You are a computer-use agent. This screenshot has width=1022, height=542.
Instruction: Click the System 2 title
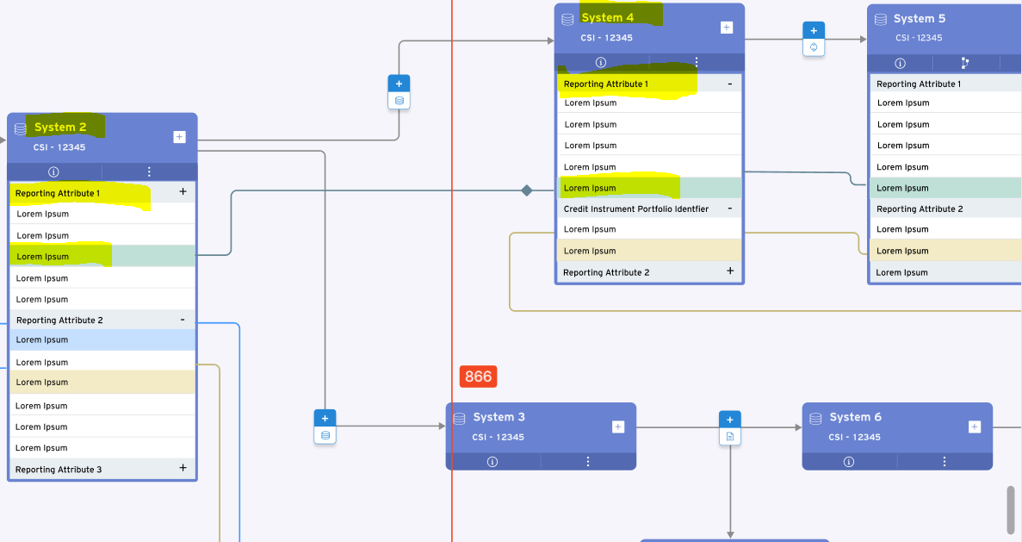tap(60, 128)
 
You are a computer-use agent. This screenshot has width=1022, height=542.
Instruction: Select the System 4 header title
tap(608, 18)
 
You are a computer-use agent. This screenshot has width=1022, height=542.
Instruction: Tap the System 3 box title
tap(499, 417)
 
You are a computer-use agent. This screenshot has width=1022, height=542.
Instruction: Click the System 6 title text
tap(855, 417)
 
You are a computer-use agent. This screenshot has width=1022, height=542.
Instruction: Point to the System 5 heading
tap(919, 18)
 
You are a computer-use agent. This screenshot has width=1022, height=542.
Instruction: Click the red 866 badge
tap(478, 377)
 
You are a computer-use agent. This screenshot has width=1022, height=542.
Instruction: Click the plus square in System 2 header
tap(179, 137)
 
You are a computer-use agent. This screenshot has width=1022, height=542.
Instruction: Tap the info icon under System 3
tap(492, 461)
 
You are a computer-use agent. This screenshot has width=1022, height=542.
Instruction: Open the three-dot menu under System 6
tap(945, 461)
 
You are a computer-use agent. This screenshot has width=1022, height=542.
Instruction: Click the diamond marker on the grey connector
tap(527, 190)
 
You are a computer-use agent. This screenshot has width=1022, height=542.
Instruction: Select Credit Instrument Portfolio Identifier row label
tap(636, 209)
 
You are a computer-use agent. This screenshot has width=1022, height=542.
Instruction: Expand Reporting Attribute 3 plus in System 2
tap(183, 468)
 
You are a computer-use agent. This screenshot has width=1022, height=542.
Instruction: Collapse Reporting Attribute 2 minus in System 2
tap(183, 320)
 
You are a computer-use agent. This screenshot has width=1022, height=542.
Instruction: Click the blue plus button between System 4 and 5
tap(814, 31)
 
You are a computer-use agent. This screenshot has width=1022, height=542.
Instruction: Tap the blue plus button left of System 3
tap(325, 418)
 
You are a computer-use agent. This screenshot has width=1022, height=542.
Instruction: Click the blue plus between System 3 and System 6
tap(730, 420)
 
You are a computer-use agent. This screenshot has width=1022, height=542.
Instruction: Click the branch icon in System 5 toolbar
tap(964, 63)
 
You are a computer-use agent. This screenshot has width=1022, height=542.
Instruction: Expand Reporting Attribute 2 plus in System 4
tap(730, 271)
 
